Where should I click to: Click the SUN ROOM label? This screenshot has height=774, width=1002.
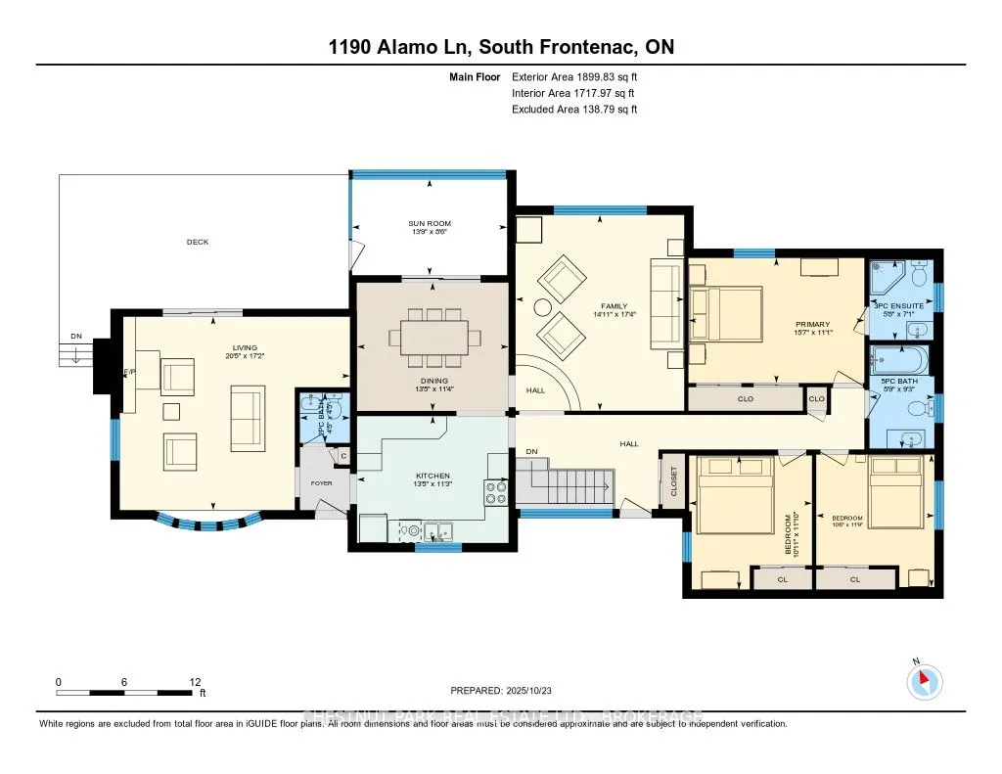coord(430,224)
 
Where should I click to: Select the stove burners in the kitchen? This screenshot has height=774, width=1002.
coord(496,491)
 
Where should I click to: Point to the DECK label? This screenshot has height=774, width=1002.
coord(198,242)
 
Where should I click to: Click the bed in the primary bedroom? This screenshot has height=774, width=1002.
coord(725,314)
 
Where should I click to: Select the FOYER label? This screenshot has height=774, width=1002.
coord(322,482)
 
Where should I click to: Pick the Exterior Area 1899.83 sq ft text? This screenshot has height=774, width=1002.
coord(575,77)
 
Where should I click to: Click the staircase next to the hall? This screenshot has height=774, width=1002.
coord(572,483)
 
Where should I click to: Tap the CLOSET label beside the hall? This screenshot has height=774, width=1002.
coord(673,480)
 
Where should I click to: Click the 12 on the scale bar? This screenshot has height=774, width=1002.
coord(194,681)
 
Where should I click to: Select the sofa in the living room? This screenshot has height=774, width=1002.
coord(246,418)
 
